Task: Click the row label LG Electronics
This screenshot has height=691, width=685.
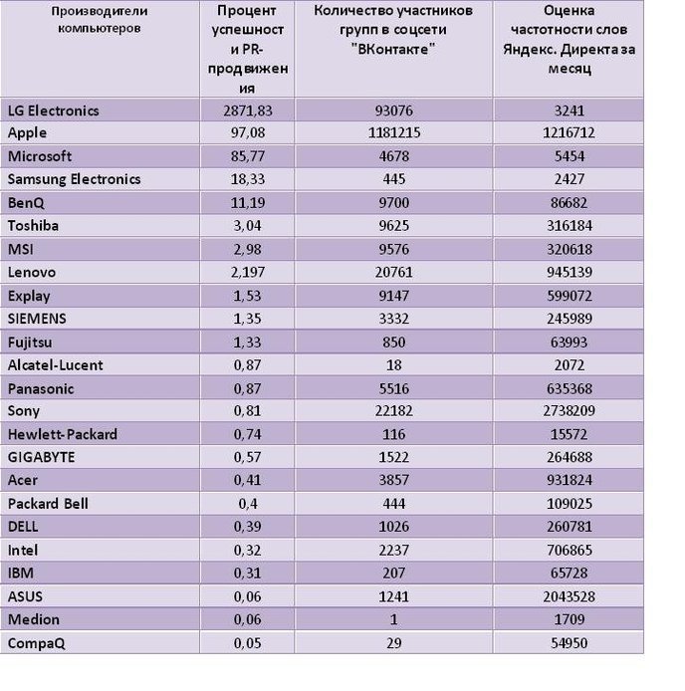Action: click(54, 111)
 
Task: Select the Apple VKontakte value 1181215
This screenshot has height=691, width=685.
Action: click(394, 132)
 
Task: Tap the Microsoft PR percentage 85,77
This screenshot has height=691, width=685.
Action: click(247, 156)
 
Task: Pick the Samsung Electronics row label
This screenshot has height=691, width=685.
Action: click(74, 179)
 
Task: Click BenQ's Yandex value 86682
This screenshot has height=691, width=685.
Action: click(569, 203)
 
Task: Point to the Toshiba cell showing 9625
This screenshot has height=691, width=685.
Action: click(394, 226)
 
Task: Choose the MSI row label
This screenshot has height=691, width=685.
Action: click(21, 250)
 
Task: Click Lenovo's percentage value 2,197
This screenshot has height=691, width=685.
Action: click(247, 273)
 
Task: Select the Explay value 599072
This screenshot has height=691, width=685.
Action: click(570, 296)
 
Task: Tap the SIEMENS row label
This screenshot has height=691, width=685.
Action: click(37, 319)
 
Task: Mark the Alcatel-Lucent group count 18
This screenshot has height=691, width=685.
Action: click(394, 365)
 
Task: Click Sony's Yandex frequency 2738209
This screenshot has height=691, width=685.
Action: click(570, 411)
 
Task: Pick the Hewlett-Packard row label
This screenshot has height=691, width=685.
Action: click(63, 434)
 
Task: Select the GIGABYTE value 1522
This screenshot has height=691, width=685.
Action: click(394, 457)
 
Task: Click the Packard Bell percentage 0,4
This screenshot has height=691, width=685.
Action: click(248, 504)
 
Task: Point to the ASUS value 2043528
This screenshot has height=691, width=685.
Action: click(570, 596)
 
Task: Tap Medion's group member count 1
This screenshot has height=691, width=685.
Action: click(394, 619)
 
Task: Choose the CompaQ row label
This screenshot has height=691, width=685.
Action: click(36, 643)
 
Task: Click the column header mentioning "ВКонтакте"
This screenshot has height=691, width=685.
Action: click(393, 30)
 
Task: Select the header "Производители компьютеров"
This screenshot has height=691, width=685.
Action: click(100, 20)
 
